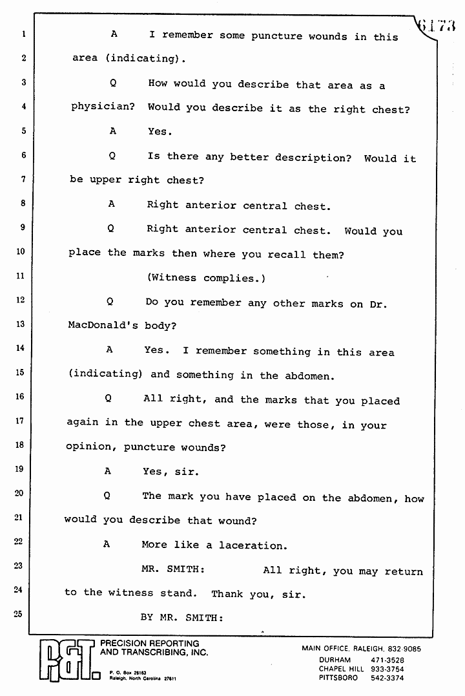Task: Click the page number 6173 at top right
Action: tap(438, 26)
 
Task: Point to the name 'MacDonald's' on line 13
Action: tap(103, 326)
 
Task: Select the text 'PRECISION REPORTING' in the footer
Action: tap(149, 644)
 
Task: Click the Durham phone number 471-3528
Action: tap(387, 660)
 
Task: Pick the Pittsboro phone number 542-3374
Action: tap(387, 678)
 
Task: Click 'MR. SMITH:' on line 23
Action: tap(173, 570)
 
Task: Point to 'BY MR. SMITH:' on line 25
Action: tap(181, 617)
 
